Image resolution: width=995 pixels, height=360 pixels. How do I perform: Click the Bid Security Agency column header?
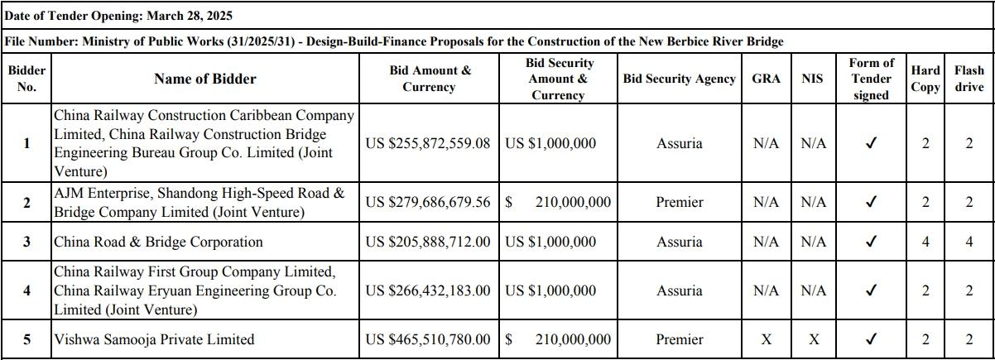coord(679,79)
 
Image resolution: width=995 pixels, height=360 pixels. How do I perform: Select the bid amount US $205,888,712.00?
coord(428,242)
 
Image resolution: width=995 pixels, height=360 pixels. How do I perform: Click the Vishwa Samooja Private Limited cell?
coord(154,339)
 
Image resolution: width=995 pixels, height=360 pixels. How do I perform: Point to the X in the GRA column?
coord(766,339)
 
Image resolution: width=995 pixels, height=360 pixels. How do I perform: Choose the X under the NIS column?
coord(813,339)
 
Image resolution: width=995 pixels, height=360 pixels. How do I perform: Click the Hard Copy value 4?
coord(925,242)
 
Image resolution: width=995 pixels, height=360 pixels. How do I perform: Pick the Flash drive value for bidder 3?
coord(969,242)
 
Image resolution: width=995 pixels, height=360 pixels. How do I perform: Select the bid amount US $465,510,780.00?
coord(428,339)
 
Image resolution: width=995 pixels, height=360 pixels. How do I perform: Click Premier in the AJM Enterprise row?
coord(679,202)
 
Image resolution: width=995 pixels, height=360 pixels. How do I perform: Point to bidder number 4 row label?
coord(26,290)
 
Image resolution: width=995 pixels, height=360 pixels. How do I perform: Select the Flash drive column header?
coord(969,79)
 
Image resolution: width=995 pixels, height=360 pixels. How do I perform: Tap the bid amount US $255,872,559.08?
coord(428,143)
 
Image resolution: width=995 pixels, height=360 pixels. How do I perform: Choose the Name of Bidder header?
coord(204,79)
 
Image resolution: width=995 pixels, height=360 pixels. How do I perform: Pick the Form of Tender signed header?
coord(871,79)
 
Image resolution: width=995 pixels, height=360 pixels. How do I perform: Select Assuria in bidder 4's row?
coord(679,290)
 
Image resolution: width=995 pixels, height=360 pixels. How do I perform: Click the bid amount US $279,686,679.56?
coord(428,202)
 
